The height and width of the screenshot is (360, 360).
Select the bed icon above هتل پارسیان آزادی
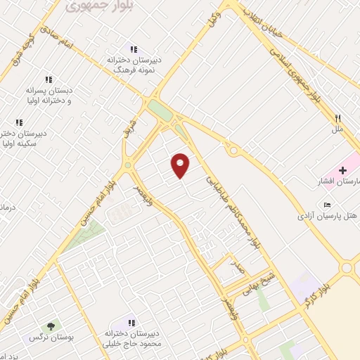click(327, 204)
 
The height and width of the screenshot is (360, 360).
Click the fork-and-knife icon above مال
click(337, 119)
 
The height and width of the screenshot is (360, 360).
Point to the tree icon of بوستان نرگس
click(50, 326)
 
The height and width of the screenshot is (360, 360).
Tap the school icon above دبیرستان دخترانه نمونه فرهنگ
click(133, 49)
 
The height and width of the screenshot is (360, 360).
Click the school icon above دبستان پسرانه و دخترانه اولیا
click(49, 80)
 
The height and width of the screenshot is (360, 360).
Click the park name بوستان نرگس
click(41, 338)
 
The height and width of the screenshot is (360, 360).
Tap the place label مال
click(337, 130)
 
